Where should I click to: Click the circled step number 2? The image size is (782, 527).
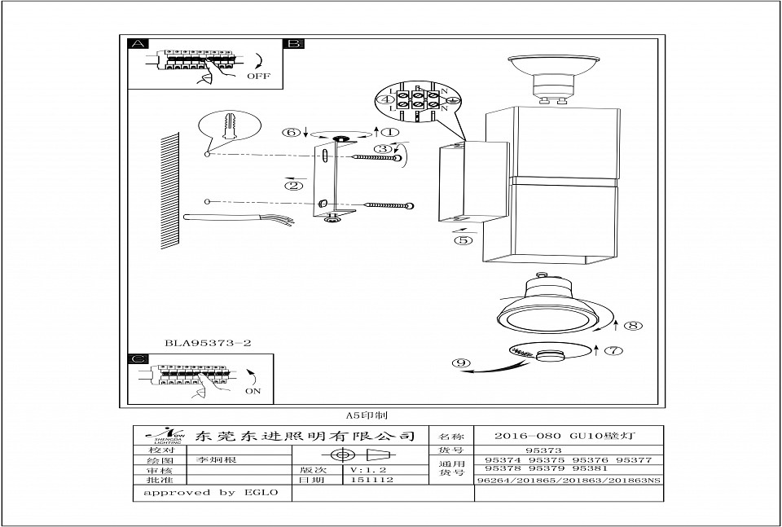click(294, 185)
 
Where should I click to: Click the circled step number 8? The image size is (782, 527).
click(633, 326)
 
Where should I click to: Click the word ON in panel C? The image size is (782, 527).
click(253, 391)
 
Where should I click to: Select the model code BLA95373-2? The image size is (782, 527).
click(208, 344)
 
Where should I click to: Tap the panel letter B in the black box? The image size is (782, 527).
click(293, 44)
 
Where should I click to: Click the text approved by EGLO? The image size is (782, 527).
click(211, 492)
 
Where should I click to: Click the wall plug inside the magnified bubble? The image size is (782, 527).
click(230, 126)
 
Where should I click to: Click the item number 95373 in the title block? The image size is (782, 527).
click(543, 449)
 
